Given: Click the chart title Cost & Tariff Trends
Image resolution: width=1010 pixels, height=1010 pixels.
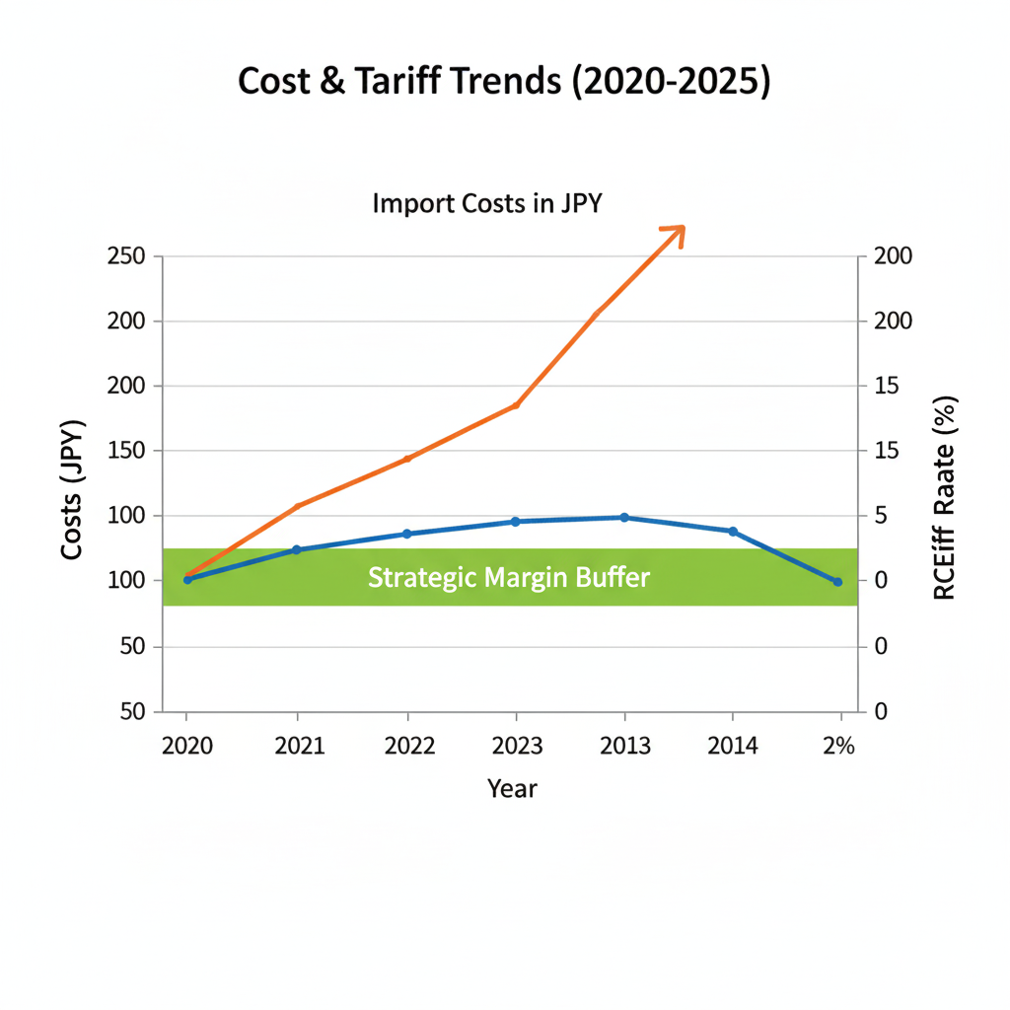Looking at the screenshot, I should [504, 83].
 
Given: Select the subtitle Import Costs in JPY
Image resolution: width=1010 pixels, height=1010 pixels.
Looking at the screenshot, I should [486, 204].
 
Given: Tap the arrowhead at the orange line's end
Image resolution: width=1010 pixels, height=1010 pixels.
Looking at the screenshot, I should [675, 232].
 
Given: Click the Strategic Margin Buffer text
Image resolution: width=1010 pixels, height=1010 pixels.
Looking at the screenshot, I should [509, 577].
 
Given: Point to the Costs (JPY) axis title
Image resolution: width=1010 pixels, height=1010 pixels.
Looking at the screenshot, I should [71, 489].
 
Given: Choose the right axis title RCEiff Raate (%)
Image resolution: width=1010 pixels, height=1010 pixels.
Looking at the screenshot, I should [944, 498].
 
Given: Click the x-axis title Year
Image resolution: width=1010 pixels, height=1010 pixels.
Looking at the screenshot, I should [512, 788].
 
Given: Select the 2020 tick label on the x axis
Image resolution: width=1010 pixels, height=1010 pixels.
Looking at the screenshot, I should [187, 746].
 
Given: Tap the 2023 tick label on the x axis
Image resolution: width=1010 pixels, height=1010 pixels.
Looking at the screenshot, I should [516, 746].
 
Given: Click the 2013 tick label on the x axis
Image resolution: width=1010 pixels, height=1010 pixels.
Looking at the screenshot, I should [624, 746].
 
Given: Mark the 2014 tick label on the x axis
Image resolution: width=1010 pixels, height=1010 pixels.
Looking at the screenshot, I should [733, 746].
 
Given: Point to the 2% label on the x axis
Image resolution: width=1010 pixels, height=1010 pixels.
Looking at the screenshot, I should [838, 746].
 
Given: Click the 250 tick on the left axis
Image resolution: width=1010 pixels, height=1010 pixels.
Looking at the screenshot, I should [126, 256].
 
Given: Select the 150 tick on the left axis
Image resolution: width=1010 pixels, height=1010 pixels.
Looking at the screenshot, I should [126, 451].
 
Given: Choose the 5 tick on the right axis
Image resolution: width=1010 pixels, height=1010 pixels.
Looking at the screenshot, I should [881, 516].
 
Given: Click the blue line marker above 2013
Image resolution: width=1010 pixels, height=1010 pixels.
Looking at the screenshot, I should [624, 517].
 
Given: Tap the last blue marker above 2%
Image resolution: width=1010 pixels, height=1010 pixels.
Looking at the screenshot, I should [837, 582].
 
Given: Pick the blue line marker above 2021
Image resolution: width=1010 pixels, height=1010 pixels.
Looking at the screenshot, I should [296, 549].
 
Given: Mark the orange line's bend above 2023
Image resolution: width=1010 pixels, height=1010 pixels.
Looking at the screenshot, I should [516, 404].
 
